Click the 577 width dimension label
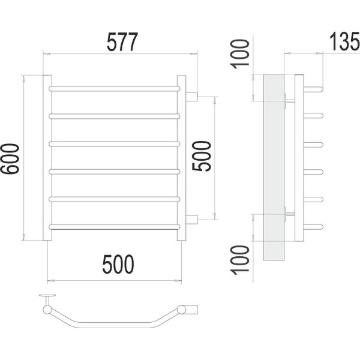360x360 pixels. pos(122,42)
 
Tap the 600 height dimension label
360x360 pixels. pos(10,159)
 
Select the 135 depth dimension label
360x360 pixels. pos(344,41)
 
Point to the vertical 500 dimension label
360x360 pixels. pos(202,156)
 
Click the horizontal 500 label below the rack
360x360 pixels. pos(118,264)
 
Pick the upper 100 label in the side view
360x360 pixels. pos(241,54)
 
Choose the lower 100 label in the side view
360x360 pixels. pos(241,260)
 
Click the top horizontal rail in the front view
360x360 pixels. pos(115,89)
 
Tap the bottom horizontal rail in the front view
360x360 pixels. pos(115,227)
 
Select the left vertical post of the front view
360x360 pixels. pos(47,158)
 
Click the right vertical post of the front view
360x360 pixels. pos(181,158)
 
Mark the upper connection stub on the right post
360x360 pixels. pos(192,97)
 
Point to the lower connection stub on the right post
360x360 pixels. pos(192,220)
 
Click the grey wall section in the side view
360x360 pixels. pos(274,167)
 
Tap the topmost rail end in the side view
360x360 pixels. pos(313,89)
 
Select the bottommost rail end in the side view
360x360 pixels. pos(313,227)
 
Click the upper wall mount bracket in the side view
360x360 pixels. pos(290,101)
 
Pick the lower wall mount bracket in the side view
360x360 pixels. pos(290,214)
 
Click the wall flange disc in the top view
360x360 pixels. pos(47,295)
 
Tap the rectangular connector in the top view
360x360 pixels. pos(191,309)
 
